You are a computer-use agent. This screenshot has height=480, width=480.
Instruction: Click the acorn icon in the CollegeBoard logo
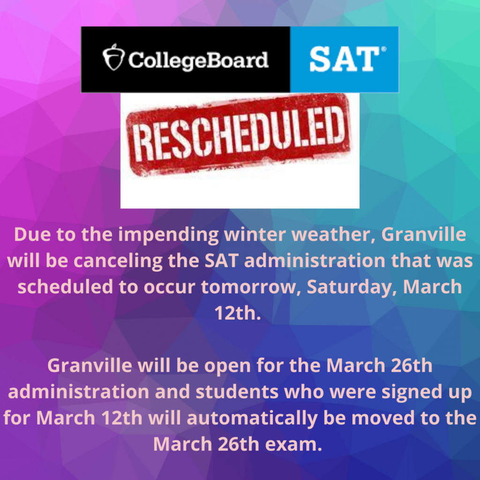point(113,57)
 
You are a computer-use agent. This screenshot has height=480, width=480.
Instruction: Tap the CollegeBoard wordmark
point(198,60)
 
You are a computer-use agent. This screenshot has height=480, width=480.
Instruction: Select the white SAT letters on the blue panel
point(344,59)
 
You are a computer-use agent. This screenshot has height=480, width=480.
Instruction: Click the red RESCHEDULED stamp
point(238,135)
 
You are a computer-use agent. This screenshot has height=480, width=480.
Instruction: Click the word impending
point(168,235)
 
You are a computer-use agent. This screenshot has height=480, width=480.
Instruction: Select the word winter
point(255,234)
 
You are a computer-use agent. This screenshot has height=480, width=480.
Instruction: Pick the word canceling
point(118,262)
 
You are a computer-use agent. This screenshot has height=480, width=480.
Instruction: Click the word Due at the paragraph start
point(32,234)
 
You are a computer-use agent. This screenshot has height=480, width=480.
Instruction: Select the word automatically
point(252,419)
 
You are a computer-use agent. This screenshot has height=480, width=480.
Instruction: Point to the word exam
point(293,445)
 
